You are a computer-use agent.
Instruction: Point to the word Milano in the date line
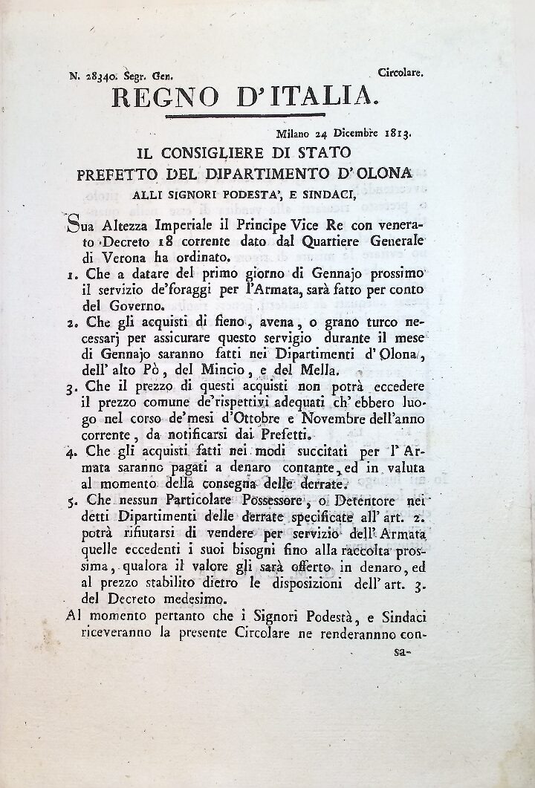click(x=294, y=134)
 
